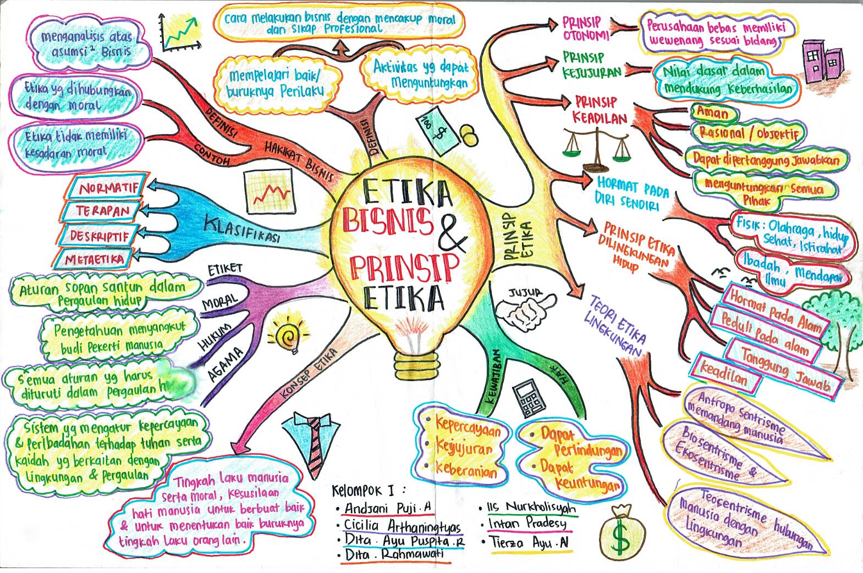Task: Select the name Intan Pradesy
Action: (x=526, y=524)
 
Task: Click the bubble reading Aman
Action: (x=713, y=113)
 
